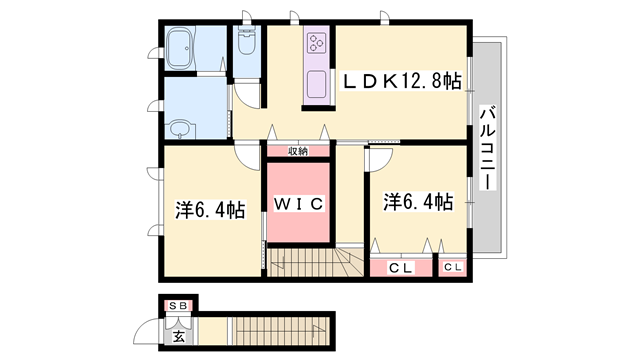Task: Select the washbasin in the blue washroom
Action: [179, 128]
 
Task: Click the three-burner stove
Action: [318, 42]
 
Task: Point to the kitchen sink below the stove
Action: [317, 84]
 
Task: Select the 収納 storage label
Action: [299, 151]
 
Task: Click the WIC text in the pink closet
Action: [298, 204]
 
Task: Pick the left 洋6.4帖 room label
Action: [211, 210]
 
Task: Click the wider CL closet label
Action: [401, 267]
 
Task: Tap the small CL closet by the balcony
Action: [453, 267]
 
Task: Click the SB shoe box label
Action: [178, 305]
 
